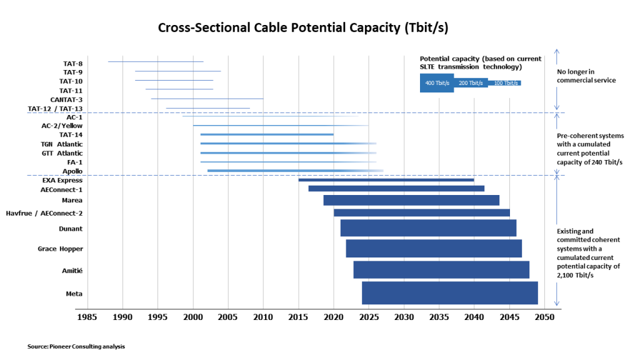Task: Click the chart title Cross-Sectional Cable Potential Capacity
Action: coord(302,27)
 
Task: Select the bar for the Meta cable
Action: coord(449,293)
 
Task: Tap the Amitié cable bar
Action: coord(441,269)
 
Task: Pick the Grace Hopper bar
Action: coord(434,249)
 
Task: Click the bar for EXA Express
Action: coord(386,180)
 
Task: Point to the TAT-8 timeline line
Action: coord(156,62)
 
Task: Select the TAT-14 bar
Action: coord(267,134)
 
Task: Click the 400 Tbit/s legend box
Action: coord(437,83)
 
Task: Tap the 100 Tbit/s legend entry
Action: coord(504,83)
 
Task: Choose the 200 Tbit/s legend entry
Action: coord(471,83)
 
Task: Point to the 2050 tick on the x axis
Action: coord(544,317)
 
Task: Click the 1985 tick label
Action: coord(87,317)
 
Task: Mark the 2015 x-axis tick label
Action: coord(298,317)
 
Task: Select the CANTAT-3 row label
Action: coord(66,99)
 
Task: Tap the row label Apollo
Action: coord(72,171)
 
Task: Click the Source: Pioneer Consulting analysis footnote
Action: coord(72,346)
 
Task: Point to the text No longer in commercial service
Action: coord(586,76)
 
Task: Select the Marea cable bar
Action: coord(411,200)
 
